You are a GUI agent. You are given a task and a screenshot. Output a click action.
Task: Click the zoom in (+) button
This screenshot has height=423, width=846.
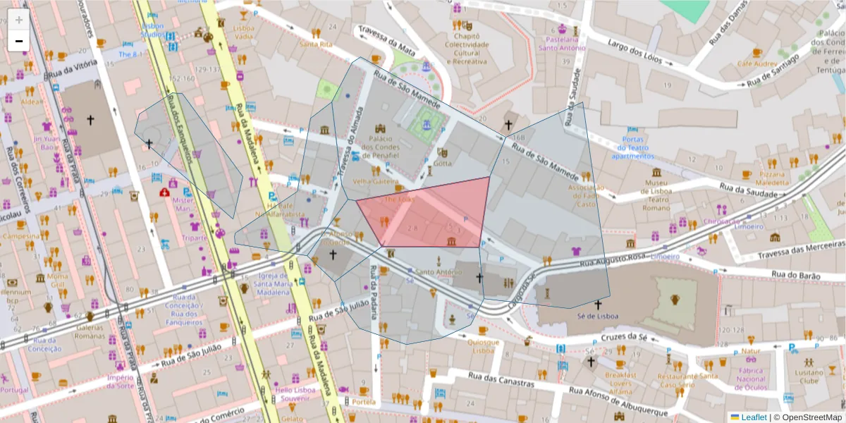(x=19, y=20)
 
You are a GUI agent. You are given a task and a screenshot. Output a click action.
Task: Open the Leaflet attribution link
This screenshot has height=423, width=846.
(x=753, y=417)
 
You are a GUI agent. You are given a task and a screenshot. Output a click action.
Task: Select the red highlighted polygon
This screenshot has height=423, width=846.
(x=430, y=215)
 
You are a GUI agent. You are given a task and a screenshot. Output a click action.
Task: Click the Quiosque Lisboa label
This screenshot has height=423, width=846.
(x=483, y=346)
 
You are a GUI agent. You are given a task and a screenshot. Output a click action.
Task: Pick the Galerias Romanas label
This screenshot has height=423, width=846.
(x=90, y=331)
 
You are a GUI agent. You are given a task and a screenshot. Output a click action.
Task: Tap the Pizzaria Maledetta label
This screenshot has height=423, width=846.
(x=773, y=178)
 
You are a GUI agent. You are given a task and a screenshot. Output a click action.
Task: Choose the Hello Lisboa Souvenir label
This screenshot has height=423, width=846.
(x=297, y=394)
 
